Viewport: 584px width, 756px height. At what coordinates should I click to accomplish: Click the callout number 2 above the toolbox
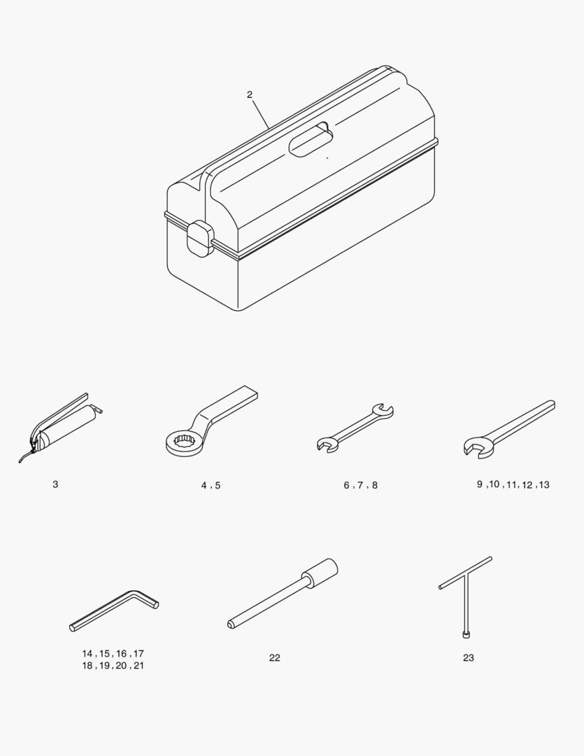pyautogui.click(x=250, y=95)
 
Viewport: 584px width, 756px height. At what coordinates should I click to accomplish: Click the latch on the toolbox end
pyautogui.click(x=199, y=239)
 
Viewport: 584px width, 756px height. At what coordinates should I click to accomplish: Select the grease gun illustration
pyautogui.click(x=60, y=428)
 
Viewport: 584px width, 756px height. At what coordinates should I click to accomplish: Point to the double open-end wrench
pyautogui.click(x=355, y=428)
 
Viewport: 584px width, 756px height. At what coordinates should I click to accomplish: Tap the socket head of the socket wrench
pyautogui.click(x=320, y=573)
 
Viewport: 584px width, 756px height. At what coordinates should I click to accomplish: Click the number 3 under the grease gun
pyautogui.click(x=55, y=484)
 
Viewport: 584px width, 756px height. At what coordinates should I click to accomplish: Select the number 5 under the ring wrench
pyautogui.click(x=218, y=486)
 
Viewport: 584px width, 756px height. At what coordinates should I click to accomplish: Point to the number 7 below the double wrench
pyautogui.click(x=360, y=485)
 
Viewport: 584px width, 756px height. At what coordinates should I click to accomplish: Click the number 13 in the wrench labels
pyautogui.click(x=544, y=484)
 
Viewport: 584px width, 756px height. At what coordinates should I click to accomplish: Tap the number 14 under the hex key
pyautogui.click(x=87, y=654)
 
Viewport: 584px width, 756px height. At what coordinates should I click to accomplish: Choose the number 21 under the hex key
pyautogui.click(x=138, y=666)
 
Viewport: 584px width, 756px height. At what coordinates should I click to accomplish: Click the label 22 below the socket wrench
pyautogui.click(x=275, y=657)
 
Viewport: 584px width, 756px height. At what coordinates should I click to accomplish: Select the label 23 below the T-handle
pyautogui.click(x=469, y=657)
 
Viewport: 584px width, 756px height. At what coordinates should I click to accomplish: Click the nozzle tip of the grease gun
pyautogui.click(x=20, y=462)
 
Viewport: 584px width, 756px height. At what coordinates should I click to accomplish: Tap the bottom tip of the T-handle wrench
pyautogui.click(x=466, y=636)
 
